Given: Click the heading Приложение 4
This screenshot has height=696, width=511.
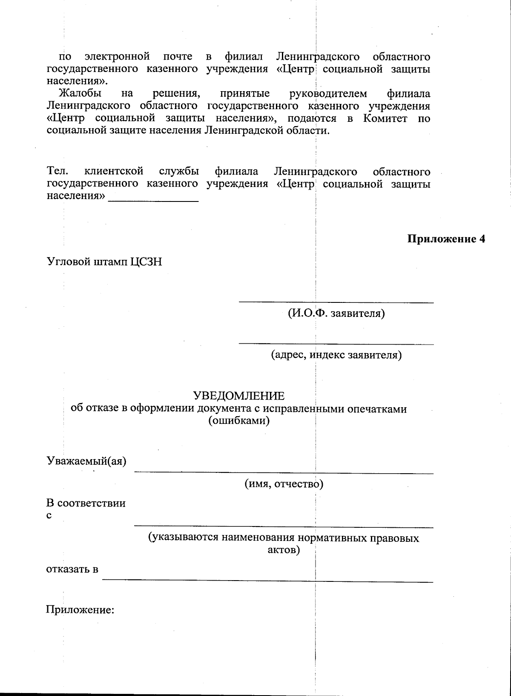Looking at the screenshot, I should (446, 239).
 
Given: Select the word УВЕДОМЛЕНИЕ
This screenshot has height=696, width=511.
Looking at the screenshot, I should (238, 396).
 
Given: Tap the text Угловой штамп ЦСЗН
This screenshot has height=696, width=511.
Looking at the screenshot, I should (104, 262).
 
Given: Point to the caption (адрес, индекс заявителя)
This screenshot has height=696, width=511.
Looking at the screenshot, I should (336, 355).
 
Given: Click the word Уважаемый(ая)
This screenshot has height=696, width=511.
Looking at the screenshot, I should (86, 461).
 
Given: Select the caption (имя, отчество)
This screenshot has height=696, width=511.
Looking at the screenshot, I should (284, 484).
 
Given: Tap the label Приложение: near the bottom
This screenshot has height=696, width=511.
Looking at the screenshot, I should (80, 610).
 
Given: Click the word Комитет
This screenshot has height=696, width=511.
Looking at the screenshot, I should (385, 118).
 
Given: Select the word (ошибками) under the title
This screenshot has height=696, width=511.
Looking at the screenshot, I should (238, 421).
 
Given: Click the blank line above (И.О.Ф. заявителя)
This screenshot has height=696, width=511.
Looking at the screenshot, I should (336, 302).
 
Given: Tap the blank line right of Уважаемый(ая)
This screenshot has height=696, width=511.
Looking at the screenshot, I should (284, 472).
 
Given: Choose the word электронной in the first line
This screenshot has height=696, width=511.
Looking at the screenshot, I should (117, 57).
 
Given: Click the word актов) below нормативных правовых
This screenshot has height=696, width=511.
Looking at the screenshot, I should (284, 550).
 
